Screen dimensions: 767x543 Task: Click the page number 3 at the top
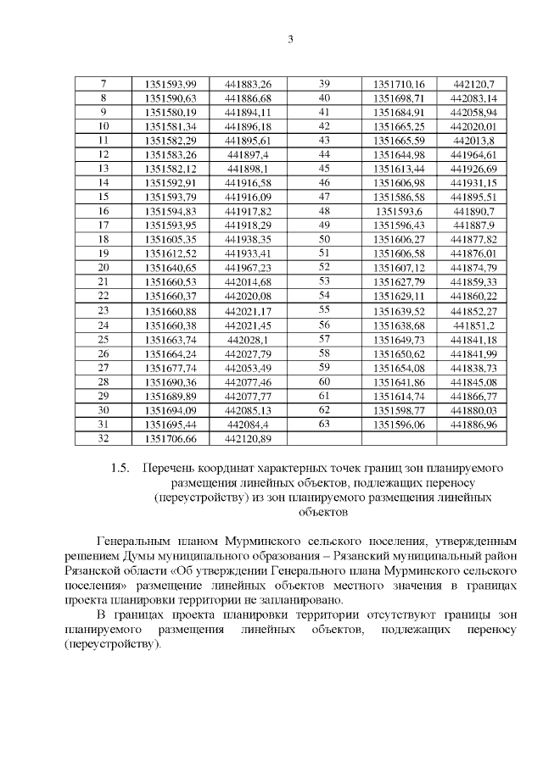(x=290, y=39)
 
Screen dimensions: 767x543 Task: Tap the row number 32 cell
(x=104, y=438)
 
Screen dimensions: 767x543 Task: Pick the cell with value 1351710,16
(x=399, y=84)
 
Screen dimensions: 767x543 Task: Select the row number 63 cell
(x=323, y=424)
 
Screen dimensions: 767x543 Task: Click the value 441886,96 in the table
(x=473, y=424)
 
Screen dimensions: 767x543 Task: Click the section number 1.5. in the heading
(x=122, y=469)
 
